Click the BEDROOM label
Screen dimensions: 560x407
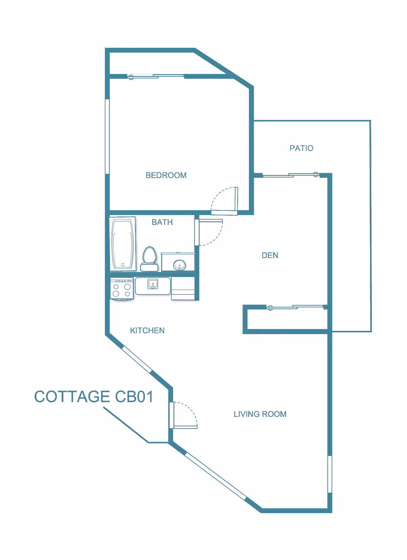click(166, 175)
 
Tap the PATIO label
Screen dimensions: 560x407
click(301, 148)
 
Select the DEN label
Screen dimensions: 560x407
click(270, 255)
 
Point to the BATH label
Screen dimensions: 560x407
click(162, 222)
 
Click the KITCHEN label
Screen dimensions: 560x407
click(147, 330)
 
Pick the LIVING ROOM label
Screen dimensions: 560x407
click(260, 414)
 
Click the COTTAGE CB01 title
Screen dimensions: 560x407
click(94, 397)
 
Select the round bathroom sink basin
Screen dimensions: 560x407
click(179, 265)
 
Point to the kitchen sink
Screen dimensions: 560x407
click(153, 284)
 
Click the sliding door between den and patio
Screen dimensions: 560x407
click(291, 175)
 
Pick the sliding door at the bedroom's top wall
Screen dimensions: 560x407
click(156, 76)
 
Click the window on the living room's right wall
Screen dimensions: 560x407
click(329, 474)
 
